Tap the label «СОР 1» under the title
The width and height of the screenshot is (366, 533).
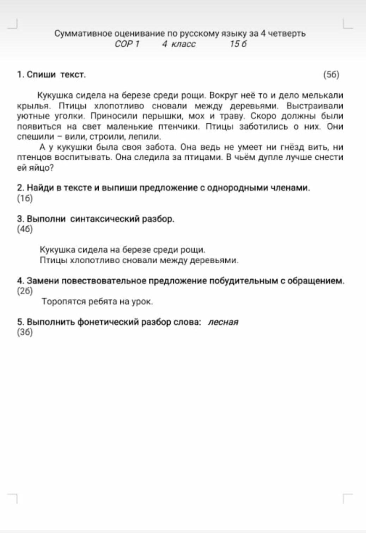click(x=127, y=44)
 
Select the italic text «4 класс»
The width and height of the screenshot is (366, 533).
click(x=179, y=44)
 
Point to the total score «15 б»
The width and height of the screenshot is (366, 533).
click(x=238, y=44)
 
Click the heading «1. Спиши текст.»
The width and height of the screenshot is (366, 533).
click(x=51, y=74)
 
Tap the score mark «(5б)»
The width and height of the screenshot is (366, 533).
click(x=331, y=74)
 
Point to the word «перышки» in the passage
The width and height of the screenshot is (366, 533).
click(x=162, y=116)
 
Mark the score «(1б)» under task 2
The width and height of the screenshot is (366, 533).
click(x=25, y=198)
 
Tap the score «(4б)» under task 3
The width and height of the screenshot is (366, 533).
click(x=25, y=229)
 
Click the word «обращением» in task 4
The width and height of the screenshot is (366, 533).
click(x=316, y=281)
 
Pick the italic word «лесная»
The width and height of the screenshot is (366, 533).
click(x=223, y=322)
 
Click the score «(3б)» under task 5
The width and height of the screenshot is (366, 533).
click(x=25, y=332)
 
